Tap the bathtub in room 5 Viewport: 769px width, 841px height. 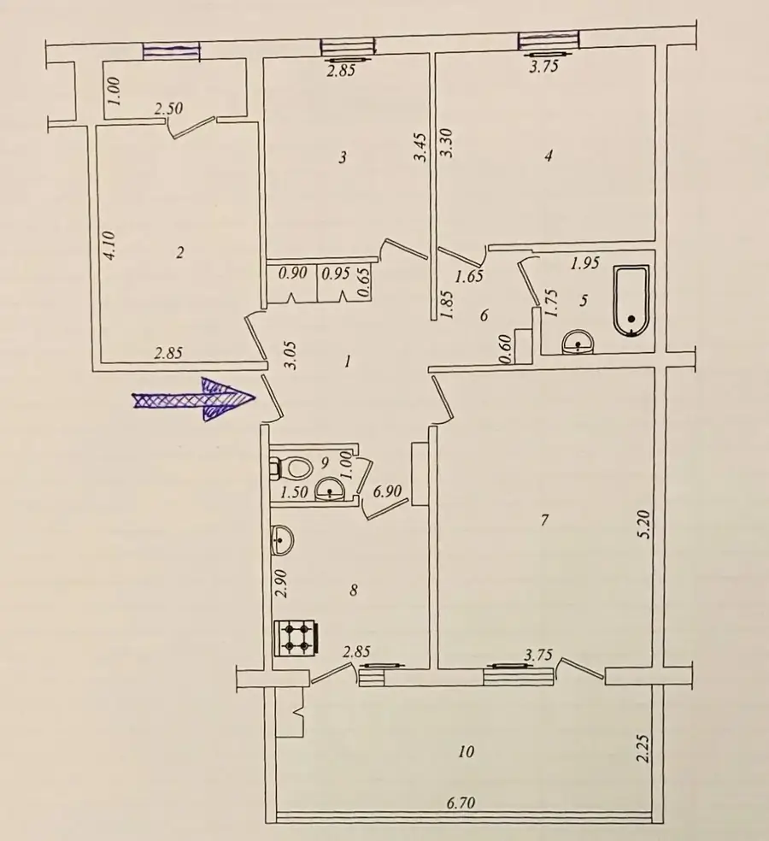coord(631,300)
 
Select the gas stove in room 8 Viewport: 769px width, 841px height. coord(296,638)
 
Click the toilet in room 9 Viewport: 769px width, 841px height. coord(291,468)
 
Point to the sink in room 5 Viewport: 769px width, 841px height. coord(578,342)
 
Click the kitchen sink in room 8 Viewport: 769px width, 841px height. coord(283,540)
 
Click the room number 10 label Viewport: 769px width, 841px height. coord(466,751)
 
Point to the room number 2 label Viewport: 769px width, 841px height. coord(179,251)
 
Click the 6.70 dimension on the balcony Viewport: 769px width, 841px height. coord(461,803)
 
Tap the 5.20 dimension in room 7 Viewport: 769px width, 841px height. coord(644,524)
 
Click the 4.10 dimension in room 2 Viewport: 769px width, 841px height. coord(109,245)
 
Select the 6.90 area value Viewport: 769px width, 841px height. coord(387,491)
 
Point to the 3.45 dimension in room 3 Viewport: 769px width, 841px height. coord(420,147)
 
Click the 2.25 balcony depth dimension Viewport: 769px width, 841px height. coord(643,748)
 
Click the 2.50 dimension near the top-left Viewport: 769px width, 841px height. coord(168,109)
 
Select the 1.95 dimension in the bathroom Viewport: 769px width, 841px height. coord(584,263)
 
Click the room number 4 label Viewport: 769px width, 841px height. coord(548,156)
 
